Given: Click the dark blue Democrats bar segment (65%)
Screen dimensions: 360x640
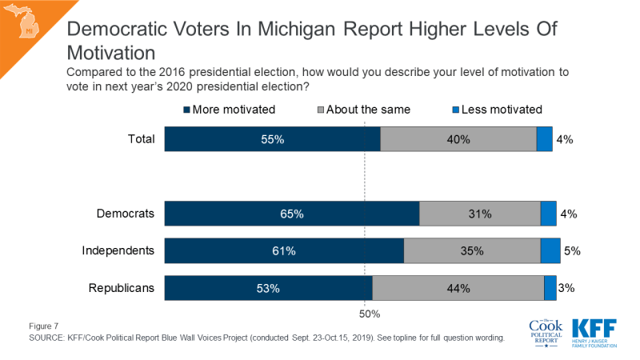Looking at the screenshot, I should tap(292, 214).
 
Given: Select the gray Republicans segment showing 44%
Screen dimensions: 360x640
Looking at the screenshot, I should tap(458, 288).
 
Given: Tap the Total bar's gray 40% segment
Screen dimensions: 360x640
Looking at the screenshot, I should tap(458, 139).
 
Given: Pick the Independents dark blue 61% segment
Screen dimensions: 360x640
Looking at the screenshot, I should tap(284, 251).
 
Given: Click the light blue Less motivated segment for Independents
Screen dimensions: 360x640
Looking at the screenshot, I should tap(550, 251).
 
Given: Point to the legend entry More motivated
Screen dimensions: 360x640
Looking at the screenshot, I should tap(230, 109).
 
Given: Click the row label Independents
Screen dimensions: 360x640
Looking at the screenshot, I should tap(118, 251).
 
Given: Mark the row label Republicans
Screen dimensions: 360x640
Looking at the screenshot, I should tap(120, 288).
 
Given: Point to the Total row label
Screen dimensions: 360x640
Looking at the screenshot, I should tap(141, 139).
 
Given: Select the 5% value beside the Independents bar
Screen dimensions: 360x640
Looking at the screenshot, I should tap(571, 251).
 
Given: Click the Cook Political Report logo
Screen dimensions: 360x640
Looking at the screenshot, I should tap(546, 331).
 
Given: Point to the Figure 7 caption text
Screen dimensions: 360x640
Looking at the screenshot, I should tap(45, 326).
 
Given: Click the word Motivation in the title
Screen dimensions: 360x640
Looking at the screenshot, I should tap(110, 53).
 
